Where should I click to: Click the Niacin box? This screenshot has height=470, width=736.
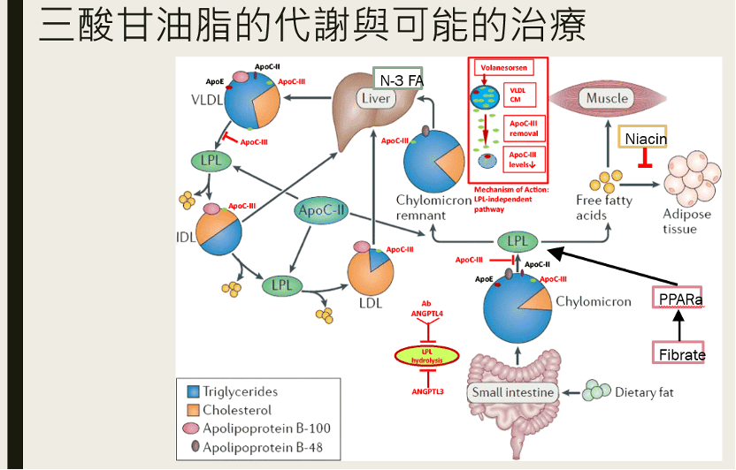pyautogui.click(x=645, y=139)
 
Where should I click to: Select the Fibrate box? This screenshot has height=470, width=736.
pyautogui.click(x=680, y=353)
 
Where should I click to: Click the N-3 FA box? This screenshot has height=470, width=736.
pyautogui.click(x=400, y=80)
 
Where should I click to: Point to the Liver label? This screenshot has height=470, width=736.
pyautogui.click(x=377, y=98)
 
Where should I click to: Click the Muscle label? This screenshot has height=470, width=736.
pyautogui.click(x=608, y=98)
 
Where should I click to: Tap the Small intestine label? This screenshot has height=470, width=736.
pyautogui.click(x=512, y=392)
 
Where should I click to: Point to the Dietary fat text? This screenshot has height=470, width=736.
pyautogui.click(x=644, y=392)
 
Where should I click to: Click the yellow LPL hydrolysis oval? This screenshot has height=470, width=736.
pyautogui.click(x=426, y=356)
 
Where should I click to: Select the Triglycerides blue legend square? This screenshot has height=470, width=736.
pyautogui.click(x=193, y=391)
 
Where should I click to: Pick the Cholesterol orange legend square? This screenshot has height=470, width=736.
pyautogui.click(x=193, y=410)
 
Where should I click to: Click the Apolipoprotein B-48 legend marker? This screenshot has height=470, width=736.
pyautogui.click(x=193, y=447)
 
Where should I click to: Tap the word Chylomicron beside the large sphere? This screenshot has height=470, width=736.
pyautogui.click(x=594, y=301)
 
